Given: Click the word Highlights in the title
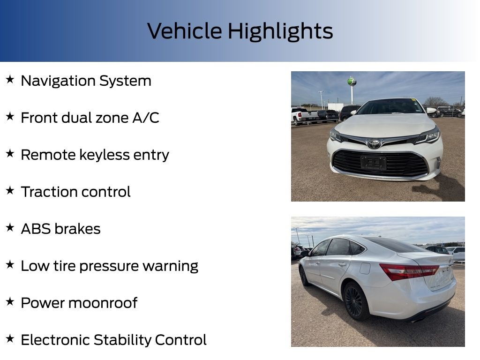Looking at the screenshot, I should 280,31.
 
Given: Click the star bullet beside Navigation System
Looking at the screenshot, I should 10,80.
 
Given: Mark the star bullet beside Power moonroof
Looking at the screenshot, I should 10,302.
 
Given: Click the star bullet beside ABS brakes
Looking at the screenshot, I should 10,228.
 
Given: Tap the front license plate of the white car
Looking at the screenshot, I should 374,163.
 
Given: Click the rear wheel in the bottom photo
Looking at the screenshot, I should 353,301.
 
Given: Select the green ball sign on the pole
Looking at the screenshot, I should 352,82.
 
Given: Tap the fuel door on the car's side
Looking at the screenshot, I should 365,268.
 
